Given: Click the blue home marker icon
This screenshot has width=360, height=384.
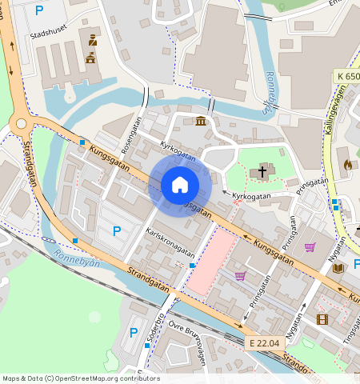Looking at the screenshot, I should point(180,185).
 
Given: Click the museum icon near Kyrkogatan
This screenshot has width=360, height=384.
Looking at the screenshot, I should point(199,122).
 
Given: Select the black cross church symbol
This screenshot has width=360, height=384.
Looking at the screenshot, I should point(262,171).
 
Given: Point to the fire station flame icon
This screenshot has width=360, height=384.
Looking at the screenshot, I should point(346,164).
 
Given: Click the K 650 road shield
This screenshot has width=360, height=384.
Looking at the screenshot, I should point(347,76).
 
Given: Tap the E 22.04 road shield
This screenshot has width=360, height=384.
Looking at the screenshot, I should point(263,343).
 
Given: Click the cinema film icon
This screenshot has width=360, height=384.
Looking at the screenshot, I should point(322,319).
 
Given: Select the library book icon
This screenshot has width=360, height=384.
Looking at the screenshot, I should point(338,267).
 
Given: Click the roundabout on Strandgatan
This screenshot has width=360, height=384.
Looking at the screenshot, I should point(21,122).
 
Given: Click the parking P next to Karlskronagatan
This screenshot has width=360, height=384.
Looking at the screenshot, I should point(117,231).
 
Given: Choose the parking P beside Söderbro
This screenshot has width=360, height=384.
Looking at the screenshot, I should point(133,332).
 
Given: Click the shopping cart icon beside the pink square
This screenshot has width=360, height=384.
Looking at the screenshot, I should point(240,276).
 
